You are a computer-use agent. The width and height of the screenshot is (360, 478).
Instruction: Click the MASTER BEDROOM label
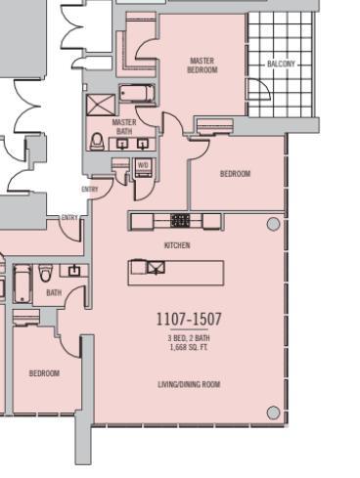click(x=202, y=65)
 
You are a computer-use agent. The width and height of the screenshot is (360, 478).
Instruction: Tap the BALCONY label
click(x=281, y=65)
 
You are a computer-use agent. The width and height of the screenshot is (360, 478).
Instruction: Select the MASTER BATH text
click(x=124, y=126)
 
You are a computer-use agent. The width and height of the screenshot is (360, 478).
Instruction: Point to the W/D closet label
click(x=143, y=165)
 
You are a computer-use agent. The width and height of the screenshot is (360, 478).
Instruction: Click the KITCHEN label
click(x=177, y=245)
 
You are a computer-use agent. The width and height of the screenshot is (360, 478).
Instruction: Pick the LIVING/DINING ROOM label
click(x=189, y=385)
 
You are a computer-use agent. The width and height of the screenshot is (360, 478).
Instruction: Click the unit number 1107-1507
click(x=189, y=320)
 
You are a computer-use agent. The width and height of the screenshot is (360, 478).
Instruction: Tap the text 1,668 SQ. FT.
click(x=189, y=347)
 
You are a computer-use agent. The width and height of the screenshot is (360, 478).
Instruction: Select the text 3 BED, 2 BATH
click(x=189, y=337)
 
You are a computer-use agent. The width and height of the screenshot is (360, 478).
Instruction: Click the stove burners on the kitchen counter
click(x=180, y=221)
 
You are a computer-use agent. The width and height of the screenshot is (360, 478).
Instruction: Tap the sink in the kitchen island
click(x=156, y=268)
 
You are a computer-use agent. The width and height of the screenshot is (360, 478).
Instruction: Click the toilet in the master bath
click(x=97, y=142)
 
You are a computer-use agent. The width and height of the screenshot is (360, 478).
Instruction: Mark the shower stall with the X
click(x=100, y=106)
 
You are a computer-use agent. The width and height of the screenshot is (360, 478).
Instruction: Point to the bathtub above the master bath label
click(x=135, y=95)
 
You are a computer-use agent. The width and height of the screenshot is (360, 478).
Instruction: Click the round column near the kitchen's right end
click(x=273, y=225)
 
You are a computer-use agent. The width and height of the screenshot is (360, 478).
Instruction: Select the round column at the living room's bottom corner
click(x=273, y=412)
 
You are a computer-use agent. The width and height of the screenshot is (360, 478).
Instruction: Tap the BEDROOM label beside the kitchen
click(x=235, y=174)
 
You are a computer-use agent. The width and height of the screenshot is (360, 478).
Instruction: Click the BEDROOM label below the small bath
click(x=43, y=373)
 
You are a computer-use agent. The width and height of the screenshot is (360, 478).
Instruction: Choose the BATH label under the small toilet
click(x=54, y=292)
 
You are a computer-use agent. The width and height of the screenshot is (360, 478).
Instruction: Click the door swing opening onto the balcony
click(x=211, y=124)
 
